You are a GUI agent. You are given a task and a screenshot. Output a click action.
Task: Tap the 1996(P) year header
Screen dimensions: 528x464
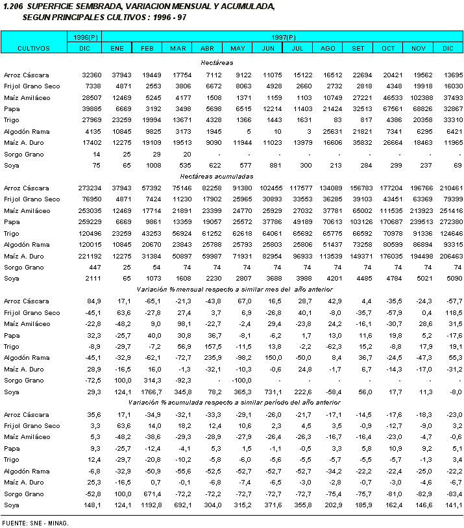click(x=84, y=38)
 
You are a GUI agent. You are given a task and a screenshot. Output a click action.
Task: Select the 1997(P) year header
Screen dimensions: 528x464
click(x=283, y=38)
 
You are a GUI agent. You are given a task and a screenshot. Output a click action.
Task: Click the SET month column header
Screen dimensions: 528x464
click(x=358, y=48)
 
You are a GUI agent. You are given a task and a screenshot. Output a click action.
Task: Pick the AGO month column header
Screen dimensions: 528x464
click(x=328, y=48)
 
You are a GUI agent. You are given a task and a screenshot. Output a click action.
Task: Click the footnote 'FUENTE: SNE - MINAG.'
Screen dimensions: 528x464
click(x=35, y=522)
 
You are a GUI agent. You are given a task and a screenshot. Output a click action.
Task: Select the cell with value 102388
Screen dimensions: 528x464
click(x=417, y=97)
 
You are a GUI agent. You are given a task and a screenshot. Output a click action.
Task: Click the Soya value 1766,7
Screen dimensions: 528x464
click(x=146, y=392)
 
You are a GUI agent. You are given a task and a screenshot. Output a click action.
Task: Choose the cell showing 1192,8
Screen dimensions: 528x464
click(x=146, y=505)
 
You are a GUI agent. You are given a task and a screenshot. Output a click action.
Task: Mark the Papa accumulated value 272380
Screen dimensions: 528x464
click(x=448, y=221)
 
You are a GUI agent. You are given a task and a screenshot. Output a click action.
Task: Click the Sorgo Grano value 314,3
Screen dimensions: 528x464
click(x=147, y=381)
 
